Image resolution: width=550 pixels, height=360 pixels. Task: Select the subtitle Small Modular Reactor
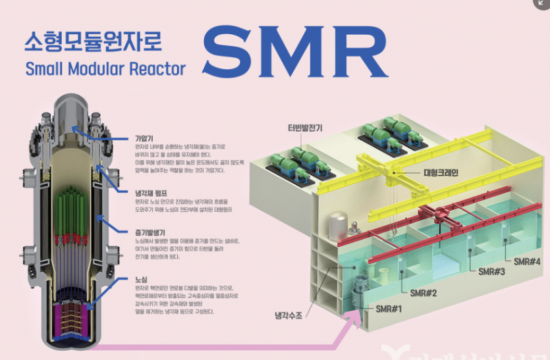[105, 68]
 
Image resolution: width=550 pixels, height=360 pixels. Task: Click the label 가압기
[144, 138]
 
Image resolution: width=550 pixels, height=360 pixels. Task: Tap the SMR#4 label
[528, 261]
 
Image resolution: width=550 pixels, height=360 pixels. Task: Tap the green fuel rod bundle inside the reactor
[73, 211]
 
